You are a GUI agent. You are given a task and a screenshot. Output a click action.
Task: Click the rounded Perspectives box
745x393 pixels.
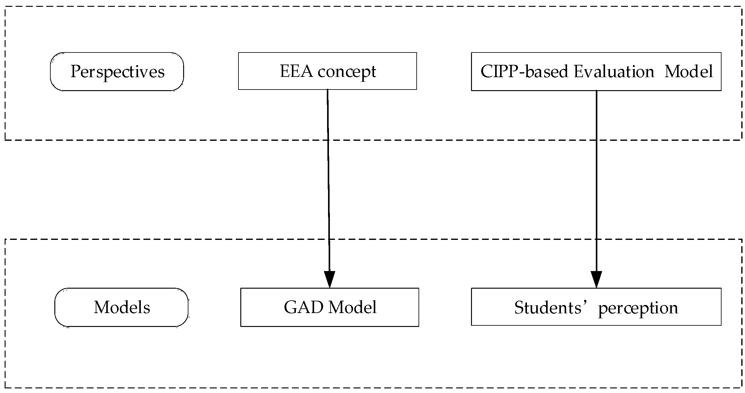(117, 72)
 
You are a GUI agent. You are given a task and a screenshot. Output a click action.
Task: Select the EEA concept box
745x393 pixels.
(327, 71)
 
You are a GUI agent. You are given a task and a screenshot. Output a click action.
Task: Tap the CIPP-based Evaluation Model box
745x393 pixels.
(596, 72)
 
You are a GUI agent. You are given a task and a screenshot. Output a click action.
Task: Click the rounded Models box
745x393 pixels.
(121, 307)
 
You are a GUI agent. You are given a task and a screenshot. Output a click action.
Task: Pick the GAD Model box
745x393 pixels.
(330, 307)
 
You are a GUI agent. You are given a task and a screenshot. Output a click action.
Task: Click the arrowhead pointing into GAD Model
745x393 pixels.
(330, 279)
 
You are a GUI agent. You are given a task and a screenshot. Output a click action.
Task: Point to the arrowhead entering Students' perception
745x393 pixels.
(596, 279)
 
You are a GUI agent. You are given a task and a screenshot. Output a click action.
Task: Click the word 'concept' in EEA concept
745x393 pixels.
(347, 72)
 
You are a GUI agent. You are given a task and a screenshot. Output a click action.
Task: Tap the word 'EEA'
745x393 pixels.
(297, 71)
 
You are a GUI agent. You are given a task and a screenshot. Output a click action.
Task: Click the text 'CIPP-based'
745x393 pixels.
(524, 72)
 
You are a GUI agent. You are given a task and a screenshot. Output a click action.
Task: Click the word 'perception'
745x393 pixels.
(638, 308)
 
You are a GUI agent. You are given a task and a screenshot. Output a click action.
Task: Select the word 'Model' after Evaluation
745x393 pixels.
(688, 72)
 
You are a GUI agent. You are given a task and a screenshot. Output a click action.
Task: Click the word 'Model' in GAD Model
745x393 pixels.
(352, 307)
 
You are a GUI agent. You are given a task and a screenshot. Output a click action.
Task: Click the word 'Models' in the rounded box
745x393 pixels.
(122, 307)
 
